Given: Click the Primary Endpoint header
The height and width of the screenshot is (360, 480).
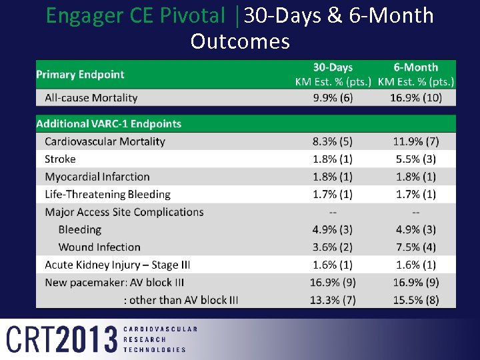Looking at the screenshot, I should click(x=80, y=75).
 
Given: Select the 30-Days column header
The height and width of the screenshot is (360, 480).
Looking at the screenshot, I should click(x=333, y=67).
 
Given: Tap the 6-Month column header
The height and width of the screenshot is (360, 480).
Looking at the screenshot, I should click(x=415, y=67).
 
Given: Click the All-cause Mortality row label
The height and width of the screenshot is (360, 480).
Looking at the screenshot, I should click(x=91, y=97).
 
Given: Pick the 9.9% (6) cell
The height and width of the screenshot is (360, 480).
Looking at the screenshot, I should click(x=333, y=97).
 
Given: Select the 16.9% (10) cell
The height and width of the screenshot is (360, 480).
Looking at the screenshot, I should click(x=415, y=97).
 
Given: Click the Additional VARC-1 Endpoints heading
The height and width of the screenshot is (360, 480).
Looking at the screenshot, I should click(x=109, y=123).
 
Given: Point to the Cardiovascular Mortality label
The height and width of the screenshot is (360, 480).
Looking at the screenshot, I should click(x=105, y=141).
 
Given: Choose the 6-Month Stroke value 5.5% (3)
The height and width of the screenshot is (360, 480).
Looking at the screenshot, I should click(x=415, y=159).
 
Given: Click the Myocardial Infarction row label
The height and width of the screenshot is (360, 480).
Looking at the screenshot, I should click(x=97, y=177).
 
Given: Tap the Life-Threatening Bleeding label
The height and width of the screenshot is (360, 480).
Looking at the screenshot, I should click(x=107, y=194).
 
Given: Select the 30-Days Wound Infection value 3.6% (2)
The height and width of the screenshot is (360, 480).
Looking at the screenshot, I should click(x=333, y=247).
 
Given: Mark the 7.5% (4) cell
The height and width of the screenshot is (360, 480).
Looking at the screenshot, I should click(x=415, y=247).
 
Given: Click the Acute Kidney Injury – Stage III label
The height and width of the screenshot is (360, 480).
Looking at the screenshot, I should click(x=117, y=265).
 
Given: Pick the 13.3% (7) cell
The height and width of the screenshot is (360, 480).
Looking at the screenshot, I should click(x=333, y=300).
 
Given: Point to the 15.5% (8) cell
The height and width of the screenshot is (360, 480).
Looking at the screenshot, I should click(x=415, y=300).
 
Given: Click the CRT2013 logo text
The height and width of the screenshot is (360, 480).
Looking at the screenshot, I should click(x=62, y=339).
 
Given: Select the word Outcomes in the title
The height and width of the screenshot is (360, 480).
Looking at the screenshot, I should click(x=240, y=41).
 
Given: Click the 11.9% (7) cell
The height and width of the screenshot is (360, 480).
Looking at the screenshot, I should click(x=415, y=141).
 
